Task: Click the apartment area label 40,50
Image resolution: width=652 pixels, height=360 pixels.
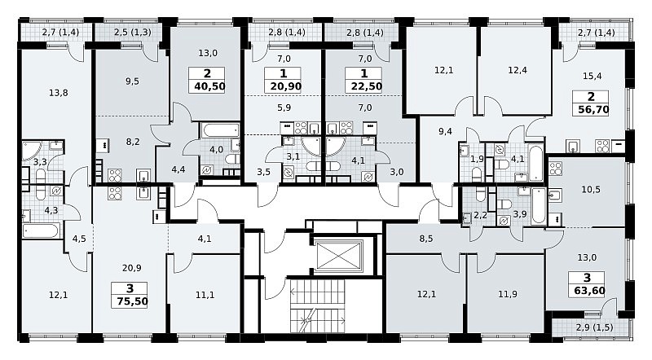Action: click(x=209, y=86)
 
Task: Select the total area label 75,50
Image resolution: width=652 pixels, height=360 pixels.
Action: click(x=132, y=301)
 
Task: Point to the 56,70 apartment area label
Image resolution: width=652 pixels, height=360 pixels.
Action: click(x=593, y=110)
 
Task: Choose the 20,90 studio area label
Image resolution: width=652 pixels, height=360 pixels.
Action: click(x=286, y=86)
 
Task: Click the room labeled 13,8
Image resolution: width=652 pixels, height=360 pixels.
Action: click(x=58, y=93)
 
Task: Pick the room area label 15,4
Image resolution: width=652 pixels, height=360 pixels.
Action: click(x=593, y=76)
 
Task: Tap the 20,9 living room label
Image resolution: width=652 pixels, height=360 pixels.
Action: click(x=132, y=268)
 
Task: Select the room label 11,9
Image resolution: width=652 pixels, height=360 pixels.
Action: click(x=508, y=294)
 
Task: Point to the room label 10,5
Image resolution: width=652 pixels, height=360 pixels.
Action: click(x=591, y=190)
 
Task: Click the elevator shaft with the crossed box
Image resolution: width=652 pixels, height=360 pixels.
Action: click(x=339, y=255)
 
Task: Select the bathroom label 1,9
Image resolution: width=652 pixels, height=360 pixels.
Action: click(x=478, y=158)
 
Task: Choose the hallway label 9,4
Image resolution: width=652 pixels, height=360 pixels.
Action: click(x=445, y=132)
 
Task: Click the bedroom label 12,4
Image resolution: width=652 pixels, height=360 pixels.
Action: click(x=518, y=70)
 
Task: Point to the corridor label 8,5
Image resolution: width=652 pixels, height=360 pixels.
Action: click(x=426, y=239)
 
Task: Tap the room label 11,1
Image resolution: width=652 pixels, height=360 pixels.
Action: click(x=205, y=295)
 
